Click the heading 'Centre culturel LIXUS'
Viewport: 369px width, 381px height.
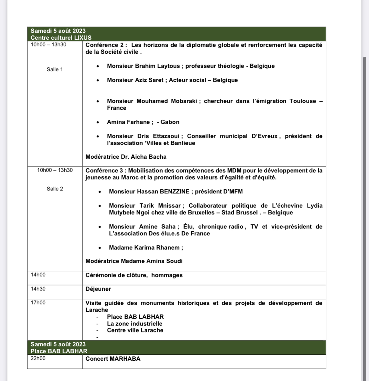click(x=61, y=38)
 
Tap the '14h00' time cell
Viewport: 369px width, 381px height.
click(x=38, y=275)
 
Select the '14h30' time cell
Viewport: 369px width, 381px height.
click(x=38, y=289)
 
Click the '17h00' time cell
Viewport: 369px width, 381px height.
click(x=38, y=303)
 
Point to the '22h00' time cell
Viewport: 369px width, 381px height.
click(x=38, y=358)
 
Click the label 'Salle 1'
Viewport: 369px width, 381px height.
click(x=54, y=70)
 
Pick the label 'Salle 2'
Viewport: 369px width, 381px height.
click(x=55, y=189)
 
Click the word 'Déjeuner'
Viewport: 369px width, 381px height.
click(x=98, y=289)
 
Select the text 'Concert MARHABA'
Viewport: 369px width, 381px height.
click(x=113, y=359)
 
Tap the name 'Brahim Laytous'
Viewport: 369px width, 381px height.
click(x=157, y=66)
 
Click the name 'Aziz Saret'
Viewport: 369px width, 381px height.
click(x=149, y=80)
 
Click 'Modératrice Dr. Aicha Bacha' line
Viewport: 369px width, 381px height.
click(x=126, y=157)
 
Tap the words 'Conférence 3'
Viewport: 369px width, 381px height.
click(x=105, y=170)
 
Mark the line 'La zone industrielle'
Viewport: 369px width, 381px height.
click(x=134, y=324)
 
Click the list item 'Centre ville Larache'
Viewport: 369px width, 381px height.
click(x=135, y=330)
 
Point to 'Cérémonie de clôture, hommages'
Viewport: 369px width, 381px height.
click(x=134, y=275)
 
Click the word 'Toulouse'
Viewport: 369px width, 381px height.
click(x=303, y=101)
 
